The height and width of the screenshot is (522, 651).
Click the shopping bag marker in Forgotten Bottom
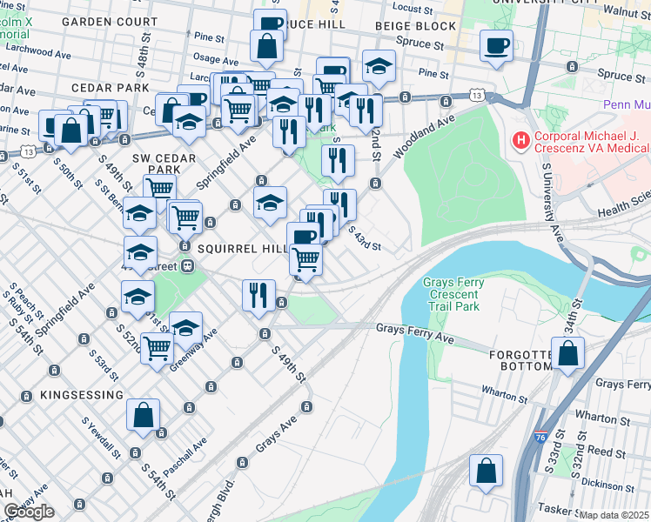(567, 354)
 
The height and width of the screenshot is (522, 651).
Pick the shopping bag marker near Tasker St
(486, 470)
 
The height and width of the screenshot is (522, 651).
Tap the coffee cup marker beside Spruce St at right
(496, 45)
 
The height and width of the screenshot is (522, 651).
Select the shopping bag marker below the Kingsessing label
(143, 416)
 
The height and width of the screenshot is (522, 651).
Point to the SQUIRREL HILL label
(242, 249)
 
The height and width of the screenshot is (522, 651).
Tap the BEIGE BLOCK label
(404, 28)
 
